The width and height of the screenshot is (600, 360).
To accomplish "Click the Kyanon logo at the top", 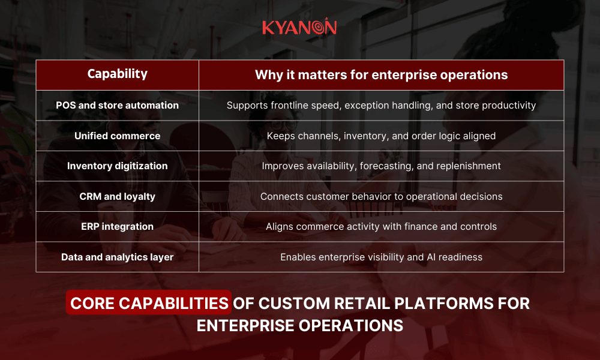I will click(299, 27).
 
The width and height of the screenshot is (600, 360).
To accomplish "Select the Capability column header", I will click(117, 74).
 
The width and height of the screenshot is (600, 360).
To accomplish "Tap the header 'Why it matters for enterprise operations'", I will click(381, 75).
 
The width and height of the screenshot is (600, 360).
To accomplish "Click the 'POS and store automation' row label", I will click(117, 105).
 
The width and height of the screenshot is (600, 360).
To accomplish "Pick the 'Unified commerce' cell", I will click(117, 136).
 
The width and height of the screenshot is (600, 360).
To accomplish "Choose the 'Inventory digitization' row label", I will click(117, 166).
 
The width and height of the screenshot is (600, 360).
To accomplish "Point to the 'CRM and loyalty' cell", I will click(117, 196).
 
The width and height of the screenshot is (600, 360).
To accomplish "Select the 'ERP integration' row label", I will click(117, 226).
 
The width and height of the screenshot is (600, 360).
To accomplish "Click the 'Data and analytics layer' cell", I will click(117, 257).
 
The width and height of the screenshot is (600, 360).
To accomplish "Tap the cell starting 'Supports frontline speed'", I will click(381, 105).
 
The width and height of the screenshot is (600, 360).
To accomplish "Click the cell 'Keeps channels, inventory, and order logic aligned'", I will click(381, 136).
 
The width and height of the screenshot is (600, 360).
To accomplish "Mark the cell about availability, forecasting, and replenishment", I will click(381, 166).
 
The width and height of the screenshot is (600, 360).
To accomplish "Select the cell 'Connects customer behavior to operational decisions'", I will click(381, 196).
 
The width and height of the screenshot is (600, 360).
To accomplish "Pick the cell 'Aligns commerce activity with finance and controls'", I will click(381, 226).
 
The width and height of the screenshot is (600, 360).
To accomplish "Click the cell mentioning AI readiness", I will click(381, 257).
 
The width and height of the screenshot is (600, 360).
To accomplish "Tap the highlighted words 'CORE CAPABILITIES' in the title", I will click(149, 303).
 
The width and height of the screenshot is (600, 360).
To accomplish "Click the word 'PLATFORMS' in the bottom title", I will click(448, 303).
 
